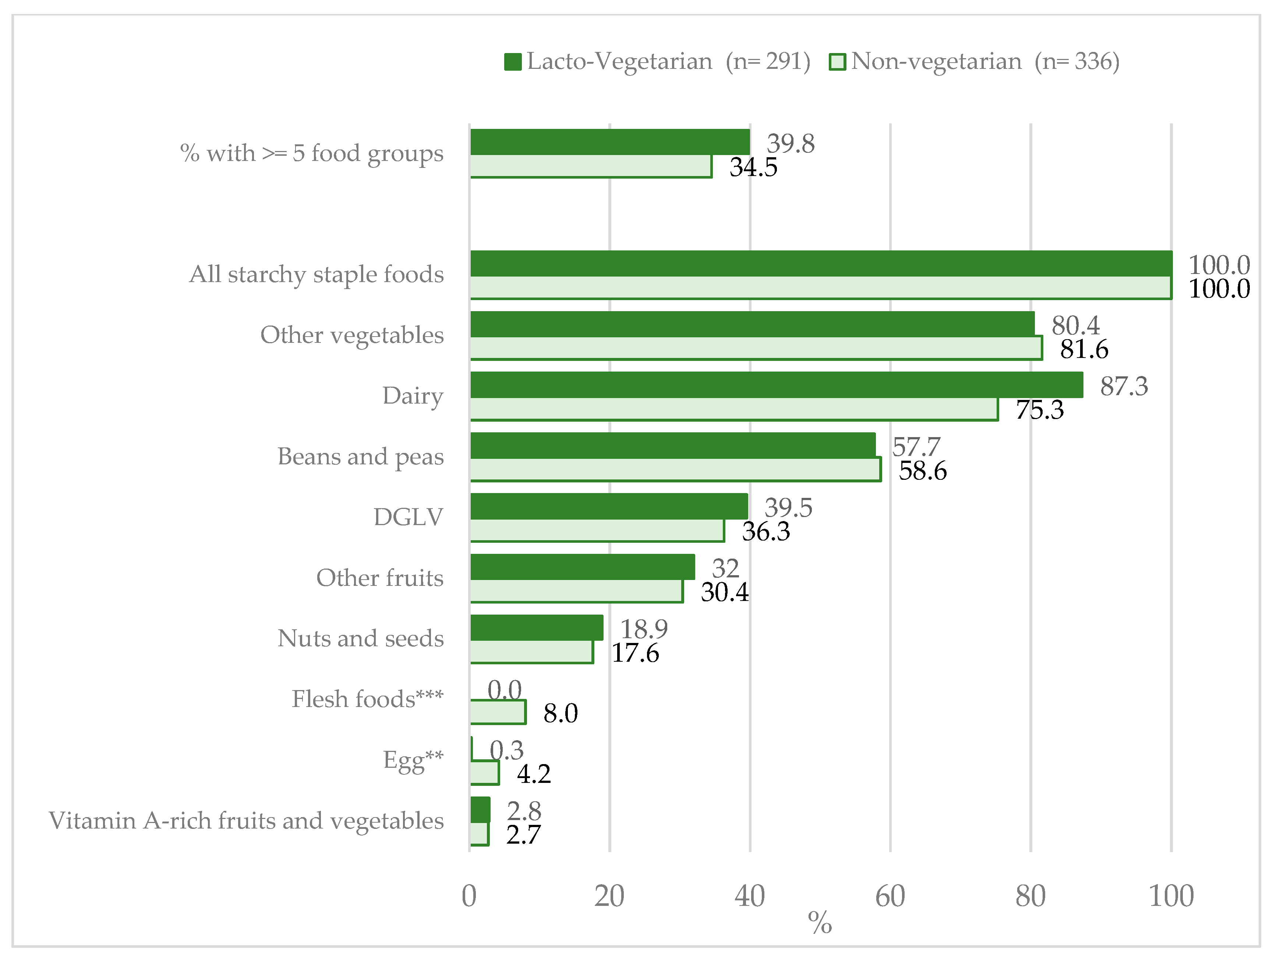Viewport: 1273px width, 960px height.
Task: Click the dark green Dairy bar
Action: click(x=776, y=385)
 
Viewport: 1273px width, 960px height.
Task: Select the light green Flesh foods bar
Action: click(x=498, y=712)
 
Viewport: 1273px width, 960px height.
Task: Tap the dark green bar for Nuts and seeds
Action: click(x=536, y=627)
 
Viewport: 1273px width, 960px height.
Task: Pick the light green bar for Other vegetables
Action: click(x=756, y=348)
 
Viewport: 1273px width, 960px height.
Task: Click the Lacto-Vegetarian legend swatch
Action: click(x=512, y=61)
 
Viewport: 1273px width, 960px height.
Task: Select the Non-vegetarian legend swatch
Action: click(x=837, y=61)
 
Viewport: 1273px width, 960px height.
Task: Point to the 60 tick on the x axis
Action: click(x=890, y=896)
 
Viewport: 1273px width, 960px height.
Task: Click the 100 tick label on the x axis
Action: click(x=1171, y=896)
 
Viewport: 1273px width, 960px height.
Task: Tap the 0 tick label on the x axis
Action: click(x=469, y=896)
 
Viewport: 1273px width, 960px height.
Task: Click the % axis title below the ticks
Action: click(x=820, y=923)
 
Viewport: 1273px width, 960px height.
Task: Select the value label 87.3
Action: click(x=1123, y=386)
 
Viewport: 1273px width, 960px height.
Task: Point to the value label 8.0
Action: click(x=560, y=713)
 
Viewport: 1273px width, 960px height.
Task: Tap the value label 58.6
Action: click(x=923, y=471)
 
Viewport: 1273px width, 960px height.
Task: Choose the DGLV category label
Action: click(x=408, y=517)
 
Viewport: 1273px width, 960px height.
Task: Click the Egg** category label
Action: click(x=413, y=760)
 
